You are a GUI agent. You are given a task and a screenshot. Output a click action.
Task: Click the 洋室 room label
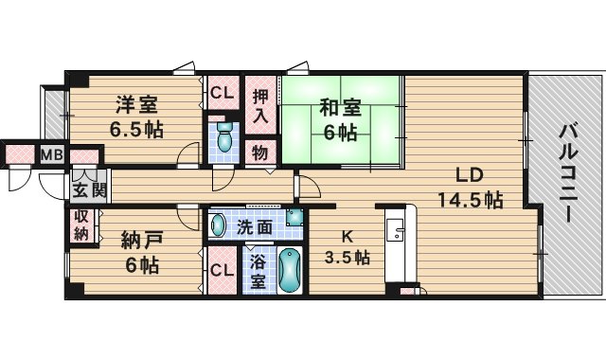point(136,104)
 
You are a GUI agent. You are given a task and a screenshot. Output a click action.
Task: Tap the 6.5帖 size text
point(136,130)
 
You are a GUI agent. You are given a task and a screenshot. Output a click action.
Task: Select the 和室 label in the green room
point(340,107)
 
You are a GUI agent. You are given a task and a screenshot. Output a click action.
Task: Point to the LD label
point(470,174)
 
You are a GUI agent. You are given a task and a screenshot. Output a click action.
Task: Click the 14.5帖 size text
point(470,200)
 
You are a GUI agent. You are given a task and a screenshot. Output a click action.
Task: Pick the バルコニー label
point(568,172)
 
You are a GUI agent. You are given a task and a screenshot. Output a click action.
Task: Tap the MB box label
point(52,155)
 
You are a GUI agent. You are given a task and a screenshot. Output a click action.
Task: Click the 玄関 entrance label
point(89,190)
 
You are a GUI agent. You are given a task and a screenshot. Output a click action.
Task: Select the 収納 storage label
point(81,225)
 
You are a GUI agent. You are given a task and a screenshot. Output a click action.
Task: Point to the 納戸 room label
point(142,240)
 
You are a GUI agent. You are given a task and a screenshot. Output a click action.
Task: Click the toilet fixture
point(224,137)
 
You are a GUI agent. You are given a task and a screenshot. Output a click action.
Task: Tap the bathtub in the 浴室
point(290,271)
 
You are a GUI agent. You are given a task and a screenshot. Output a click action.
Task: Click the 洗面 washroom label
point(254,227)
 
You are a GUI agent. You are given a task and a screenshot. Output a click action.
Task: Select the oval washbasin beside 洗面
point(218,225)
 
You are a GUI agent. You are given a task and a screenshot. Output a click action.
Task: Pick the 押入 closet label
point(261,106)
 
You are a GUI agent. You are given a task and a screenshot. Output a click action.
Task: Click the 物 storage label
point(260,153)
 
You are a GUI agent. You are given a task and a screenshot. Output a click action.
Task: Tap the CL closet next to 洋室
point(223,93)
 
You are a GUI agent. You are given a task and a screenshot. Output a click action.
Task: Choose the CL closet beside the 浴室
point(223,270)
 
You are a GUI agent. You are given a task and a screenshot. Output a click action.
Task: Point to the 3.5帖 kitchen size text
point(347,257)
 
